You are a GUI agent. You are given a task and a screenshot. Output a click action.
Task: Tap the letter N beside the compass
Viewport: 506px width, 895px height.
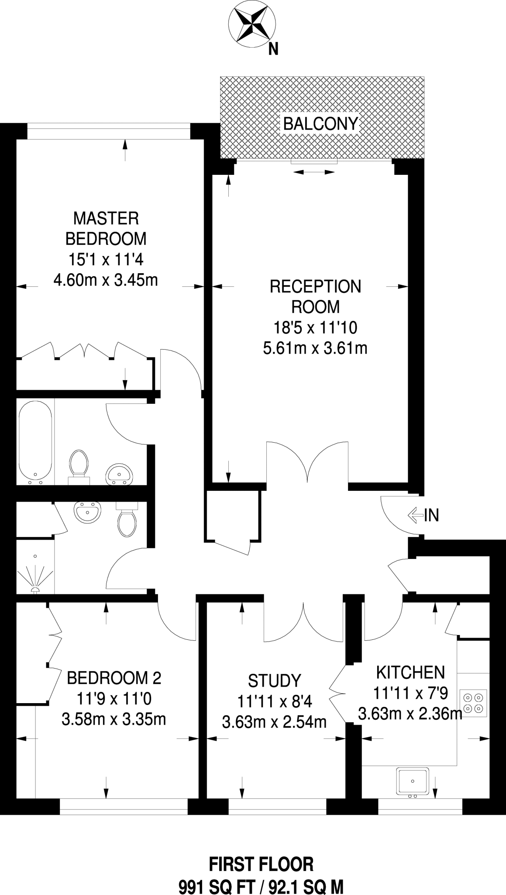click(273, 50)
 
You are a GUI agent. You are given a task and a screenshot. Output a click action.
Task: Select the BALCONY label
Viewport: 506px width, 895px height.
click(321, 124)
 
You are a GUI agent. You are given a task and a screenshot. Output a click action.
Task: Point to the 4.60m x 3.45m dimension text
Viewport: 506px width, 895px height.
click(106, 280)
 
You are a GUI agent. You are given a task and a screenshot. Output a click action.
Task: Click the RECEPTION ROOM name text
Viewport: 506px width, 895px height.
click(315, 296)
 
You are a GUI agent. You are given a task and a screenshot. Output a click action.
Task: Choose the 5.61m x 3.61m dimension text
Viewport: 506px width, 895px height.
click(315, 348)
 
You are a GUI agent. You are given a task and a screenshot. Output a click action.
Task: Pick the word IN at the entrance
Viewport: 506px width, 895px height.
click(431, 516)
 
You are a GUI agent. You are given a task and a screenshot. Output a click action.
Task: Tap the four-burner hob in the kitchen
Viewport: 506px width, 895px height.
click(474, 703)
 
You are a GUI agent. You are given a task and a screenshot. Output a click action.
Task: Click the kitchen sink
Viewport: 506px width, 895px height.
click(412, 781)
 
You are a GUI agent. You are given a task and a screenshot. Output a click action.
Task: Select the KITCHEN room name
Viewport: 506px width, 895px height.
click(410, 672)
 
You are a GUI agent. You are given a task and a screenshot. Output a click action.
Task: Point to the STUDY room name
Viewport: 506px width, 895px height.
click(275, 681)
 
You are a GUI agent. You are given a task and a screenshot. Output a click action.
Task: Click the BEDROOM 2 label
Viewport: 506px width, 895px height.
click(114, 678)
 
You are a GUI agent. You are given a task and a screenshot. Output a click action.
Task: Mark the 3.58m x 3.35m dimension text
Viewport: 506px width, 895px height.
click(114, 719)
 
